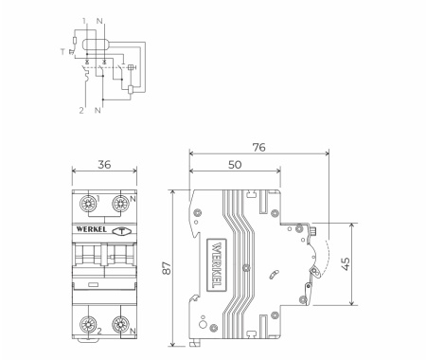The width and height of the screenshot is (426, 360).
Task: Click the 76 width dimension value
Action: pos(258,147)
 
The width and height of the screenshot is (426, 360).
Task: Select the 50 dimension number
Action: pos(235,165)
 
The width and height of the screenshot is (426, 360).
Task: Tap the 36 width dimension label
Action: pos(104,165)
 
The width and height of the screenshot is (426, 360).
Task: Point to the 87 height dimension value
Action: pos(167,268)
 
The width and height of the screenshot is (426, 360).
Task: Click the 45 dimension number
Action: pos(346,264)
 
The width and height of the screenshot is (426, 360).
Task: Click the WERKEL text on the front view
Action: pos(91,229)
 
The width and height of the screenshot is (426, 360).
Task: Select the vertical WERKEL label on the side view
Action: pos(217,265)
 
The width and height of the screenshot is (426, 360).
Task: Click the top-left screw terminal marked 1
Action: pos(88,204)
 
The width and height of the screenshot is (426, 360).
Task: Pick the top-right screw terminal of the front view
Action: pos(120,204)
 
